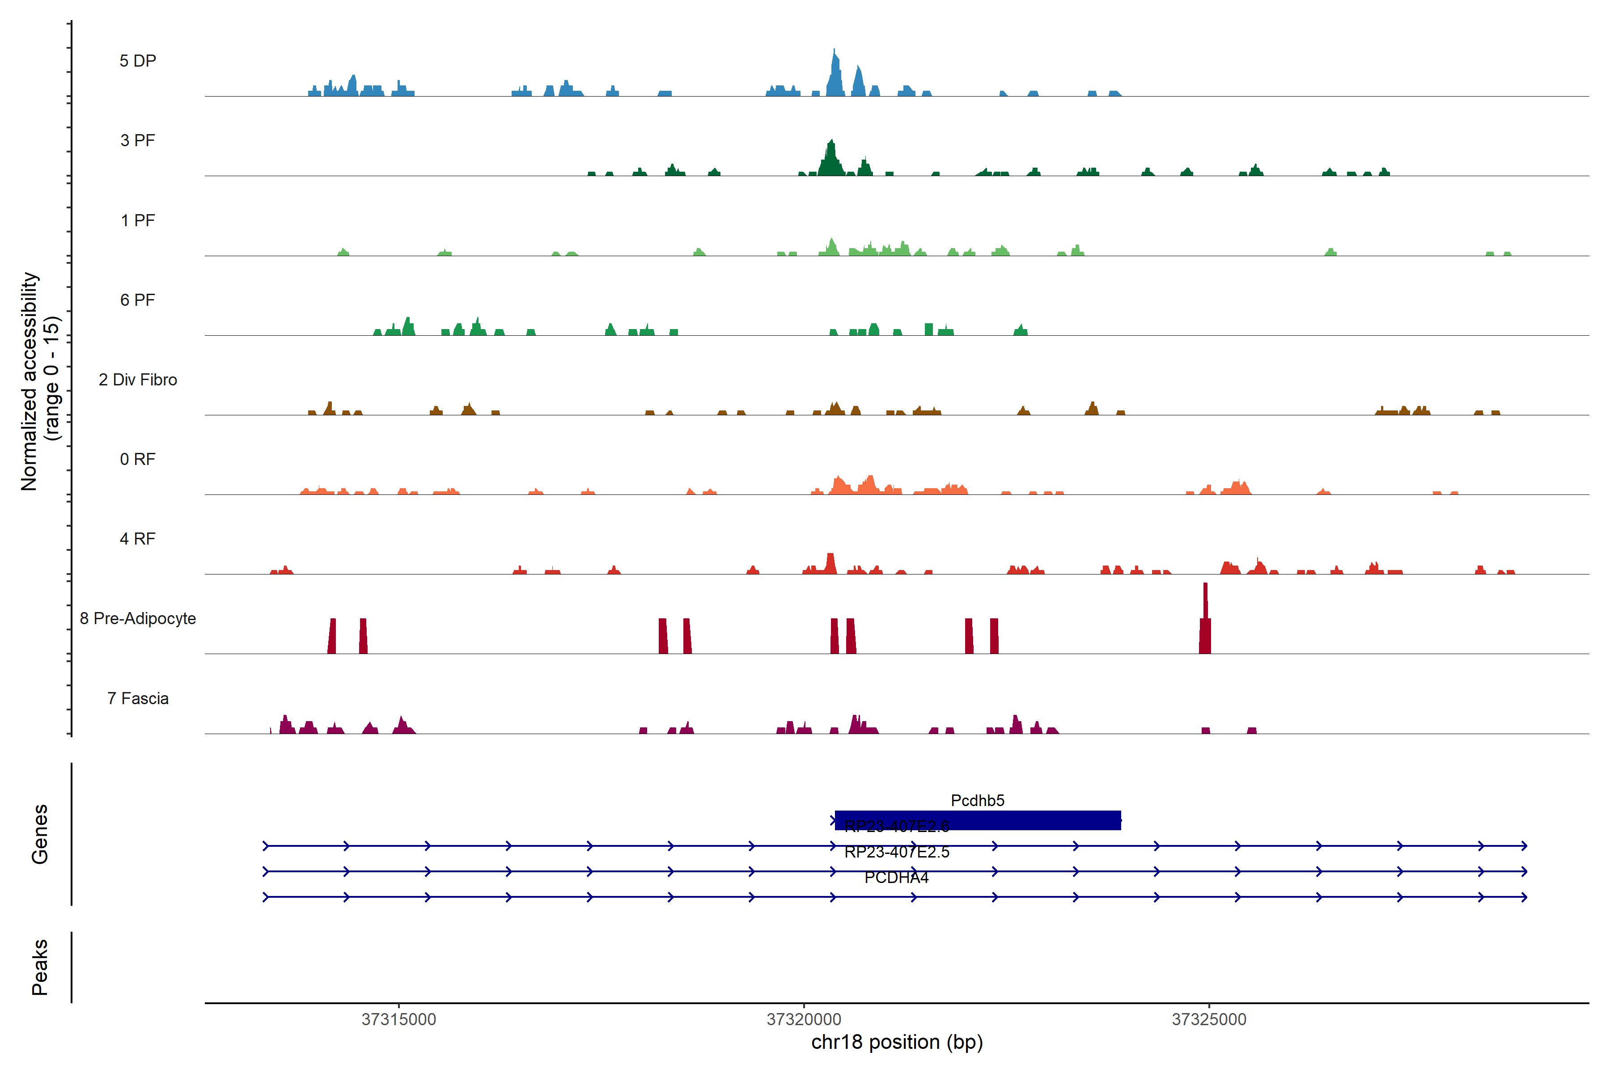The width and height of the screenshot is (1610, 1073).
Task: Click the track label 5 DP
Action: tap(138, 61)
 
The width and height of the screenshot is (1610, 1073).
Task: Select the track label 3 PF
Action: tap(138, 140)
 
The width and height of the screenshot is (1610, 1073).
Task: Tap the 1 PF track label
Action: tap(138, 220)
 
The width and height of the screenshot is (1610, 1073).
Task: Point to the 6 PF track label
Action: tap(138, 300)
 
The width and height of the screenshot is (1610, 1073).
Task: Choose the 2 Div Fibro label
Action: tap(138, 380)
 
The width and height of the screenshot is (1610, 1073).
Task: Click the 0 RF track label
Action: tap(138, 459)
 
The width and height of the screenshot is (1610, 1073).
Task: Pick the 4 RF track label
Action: tap(138, 539)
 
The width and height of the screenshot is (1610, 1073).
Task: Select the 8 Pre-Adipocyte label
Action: tap(138, 619)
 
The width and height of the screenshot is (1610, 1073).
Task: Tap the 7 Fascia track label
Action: tap(138, 698)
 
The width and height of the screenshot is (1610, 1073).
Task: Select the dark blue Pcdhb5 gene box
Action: tap(978, 820)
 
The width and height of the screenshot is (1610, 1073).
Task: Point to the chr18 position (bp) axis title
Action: tap(897, 1042)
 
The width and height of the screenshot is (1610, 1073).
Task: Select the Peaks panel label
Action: tap(40, 967)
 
